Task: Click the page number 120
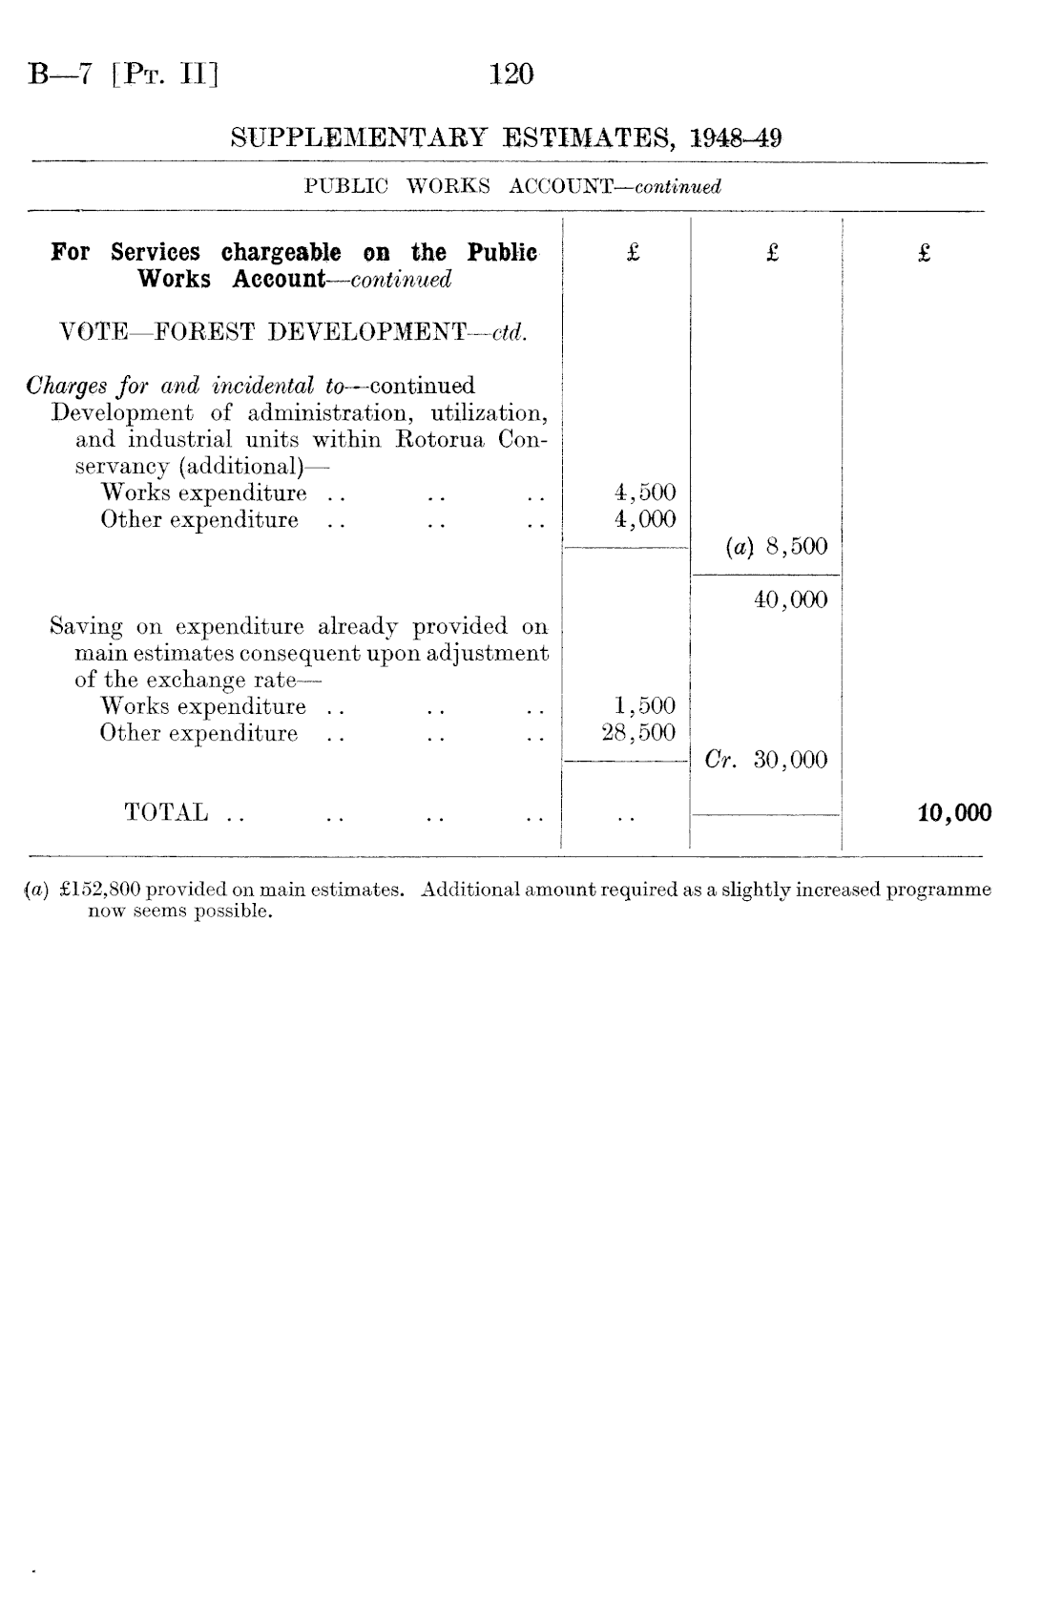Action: pos(511,74)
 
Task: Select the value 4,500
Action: pos(645,493)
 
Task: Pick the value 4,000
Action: pos(645,519)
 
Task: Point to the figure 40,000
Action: pos(791,600)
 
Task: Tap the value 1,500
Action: pos(645,706)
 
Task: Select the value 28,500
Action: pos(639,733)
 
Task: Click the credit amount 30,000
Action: pos(791,761)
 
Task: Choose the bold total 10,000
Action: pos(954,813)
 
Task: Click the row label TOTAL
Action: pos(166,813)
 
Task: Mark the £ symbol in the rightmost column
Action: pos(924,253)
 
